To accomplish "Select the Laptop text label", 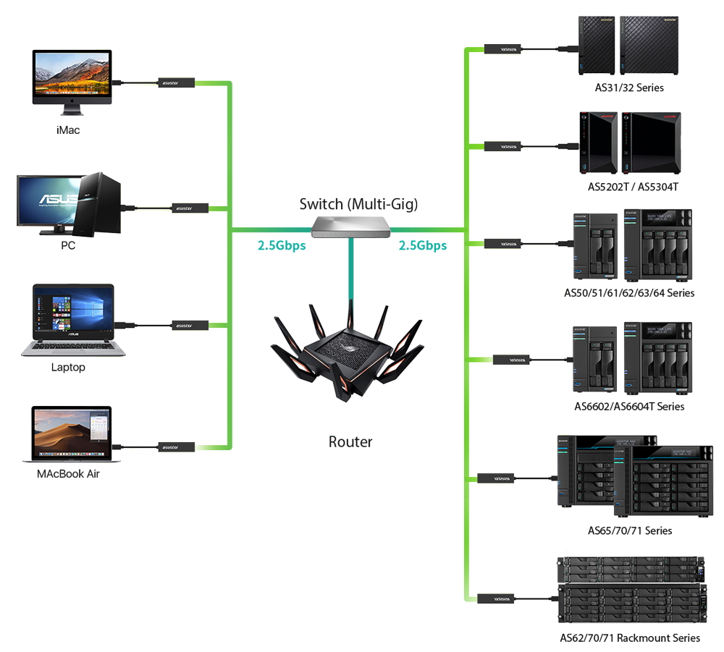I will tap(68, 368).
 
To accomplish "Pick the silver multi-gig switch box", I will tap(351, 226).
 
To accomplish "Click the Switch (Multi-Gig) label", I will tap(358, 205).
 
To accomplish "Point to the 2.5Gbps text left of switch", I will tap(282, 245).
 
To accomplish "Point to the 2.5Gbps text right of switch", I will tap(423, 245).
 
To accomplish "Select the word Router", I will tap(350, 441).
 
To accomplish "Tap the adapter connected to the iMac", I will tap(177, 84).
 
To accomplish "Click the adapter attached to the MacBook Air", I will tap(177, 447).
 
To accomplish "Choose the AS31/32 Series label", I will tap(628, 88).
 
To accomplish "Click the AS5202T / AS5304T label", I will tap(633, 187).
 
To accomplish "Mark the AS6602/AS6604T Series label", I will tap(629, 407).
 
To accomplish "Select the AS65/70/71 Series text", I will tap(630, 530).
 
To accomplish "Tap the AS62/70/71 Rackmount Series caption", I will tap(630, 638).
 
